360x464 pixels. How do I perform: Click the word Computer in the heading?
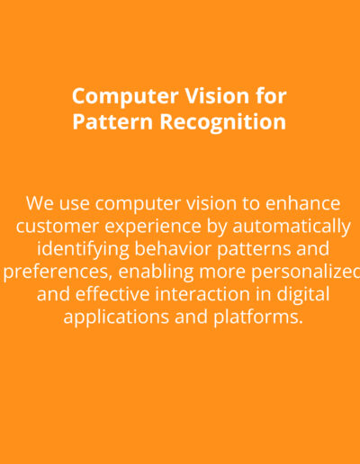point(125,97)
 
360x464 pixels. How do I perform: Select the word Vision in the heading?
point(217,96)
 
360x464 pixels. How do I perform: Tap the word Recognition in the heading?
point(222,122)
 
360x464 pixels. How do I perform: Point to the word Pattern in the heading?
point(112,121)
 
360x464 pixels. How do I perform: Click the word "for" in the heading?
point(271,96)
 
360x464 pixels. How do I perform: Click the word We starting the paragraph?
point(40,203)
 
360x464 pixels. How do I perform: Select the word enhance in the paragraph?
point(302,203)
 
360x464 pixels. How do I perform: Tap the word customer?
point(58,227)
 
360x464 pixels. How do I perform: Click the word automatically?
point(292,227)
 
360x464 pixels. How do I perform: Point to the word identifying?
point(83,250)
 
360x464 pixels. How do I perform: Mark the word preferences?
point(58,272)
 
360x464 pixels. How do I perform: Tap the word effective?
point(112,294)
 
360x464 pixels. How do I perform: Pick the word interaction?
point(202,294)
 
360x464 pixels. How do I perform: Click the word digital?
point(303,295)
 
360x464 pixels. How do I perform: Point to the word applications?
point(116,318)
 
